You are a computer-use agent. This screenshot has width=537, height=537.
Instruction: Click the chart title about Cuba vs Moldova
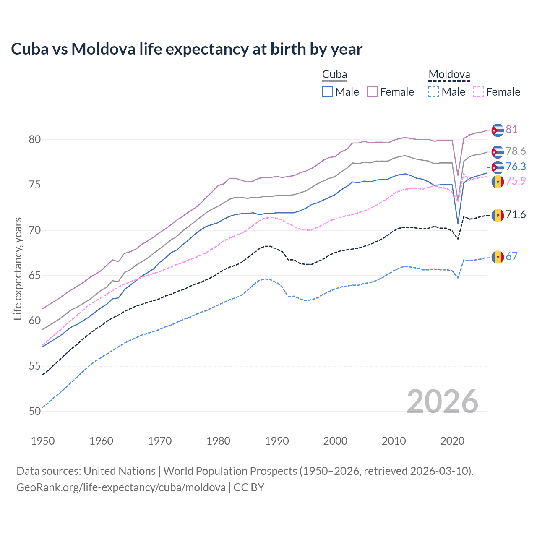pos(187,49)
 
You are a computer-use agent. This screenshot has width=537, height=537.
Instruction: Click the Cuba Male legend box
pos(328,92)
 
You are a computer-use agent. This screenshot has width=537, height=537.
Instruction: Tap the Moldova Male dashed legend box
pos(434,92)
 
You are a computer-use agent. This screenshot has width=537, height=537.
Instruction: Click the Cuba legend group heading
pos(334,75)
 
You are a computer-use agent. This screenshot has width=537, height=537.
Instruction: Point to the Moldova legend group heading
pos(449,75)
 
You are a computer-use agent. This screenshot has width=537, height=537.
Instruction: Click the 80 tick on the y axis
pos(35,140)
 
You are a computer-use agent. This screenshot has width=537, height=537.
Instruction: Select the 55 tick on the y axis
pos(35,366)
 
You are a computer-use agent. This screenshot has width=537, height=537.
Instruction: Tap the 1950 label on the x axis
pos(43,441)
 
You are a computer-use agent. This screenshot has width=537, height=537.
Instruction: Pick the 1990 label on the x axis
pos(277,441)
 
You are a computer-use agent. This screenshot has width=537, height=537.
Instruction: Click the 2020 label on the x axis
pos(452,441)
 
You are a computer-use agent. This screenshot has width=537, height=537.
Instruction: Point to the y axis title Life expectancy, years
pos(18,268)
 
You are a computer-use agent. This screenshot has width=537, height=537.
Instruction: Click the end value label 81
pos(511,129)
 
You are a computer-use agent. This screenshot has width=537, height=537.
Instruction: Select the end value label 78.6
pos(516,151)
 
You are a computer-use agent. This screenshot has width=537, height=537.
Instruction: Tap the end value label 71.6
pos(516,215)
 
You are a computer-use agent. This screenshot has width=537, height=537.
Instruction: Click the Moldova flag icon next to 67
pos(498,257)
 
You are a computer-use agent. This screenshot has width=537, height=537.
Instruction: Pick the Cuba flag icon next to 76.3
pos(498,167)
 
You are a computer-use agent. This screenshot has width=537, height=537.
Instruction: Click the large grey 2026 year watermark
pos(443,401)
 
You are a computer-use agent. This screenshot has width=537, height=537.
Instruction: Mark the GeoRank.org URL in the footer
pos(121,487)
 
